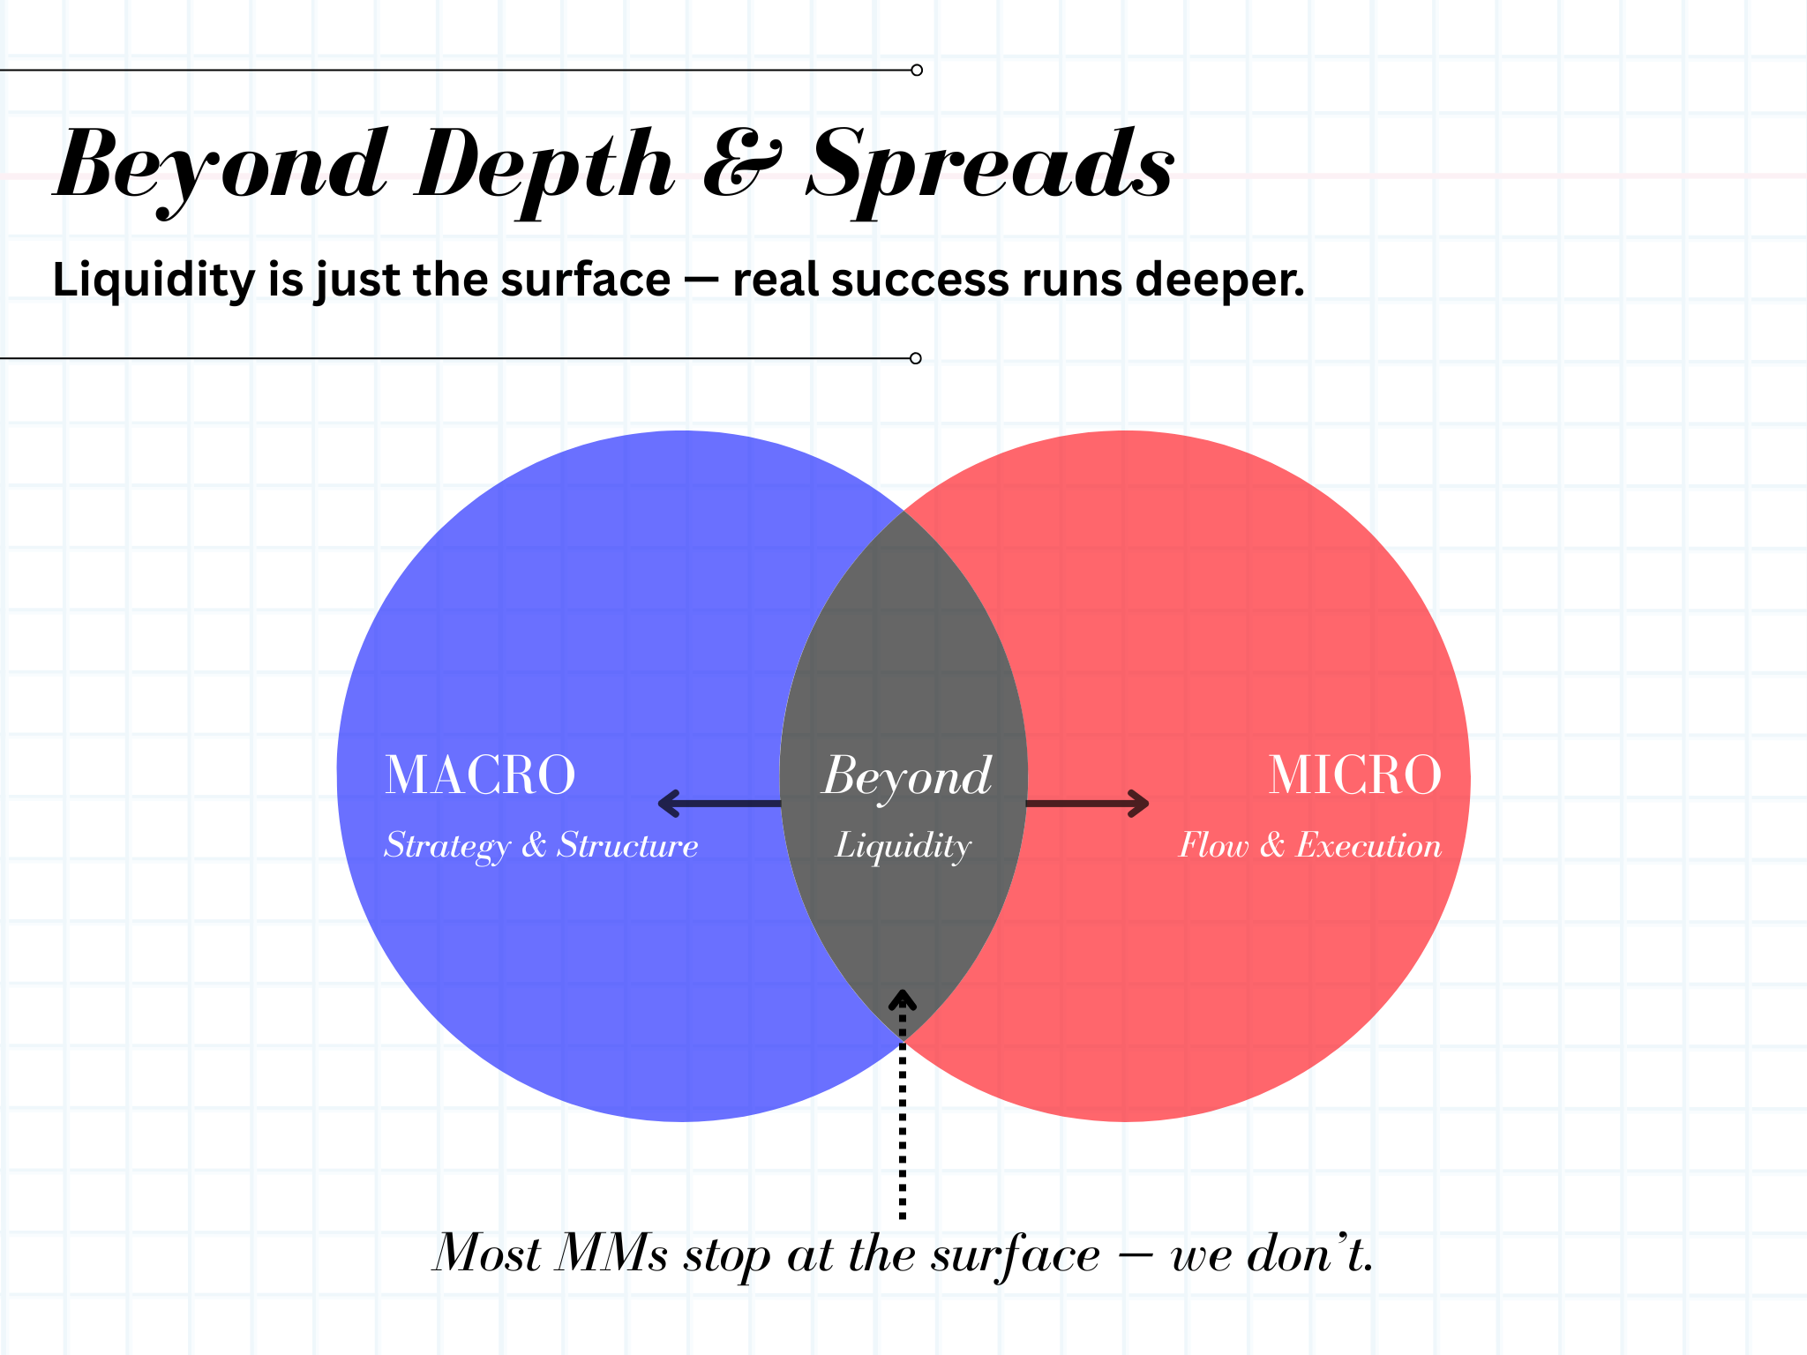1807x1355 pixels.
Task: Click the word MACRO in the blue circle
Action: coord(480,775)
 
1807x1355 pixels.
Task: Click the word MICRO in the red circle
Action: coord(1354,775)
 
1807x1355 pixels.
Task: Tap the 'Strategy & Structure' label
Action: coord(541,846)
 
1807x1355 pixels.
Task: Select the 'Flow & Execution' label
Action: coord(1310,846)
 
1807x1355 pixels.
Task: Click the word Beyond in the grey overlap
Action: coord(907,777)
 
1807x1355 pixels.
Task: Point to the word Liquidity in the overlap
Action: coord(903,846)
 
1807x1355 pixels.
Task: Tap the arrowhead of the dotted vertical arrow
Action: coord(902,1000)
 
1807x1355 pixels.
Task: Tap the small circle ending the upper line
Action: coord(917,70)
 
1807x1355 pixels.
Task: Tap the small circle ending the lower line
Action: coord(916,358)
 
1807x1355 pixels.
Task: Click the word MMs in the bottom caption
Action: coord(611,1253)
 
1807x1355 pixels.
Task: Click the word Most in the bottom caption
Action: coord(487,1253)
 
